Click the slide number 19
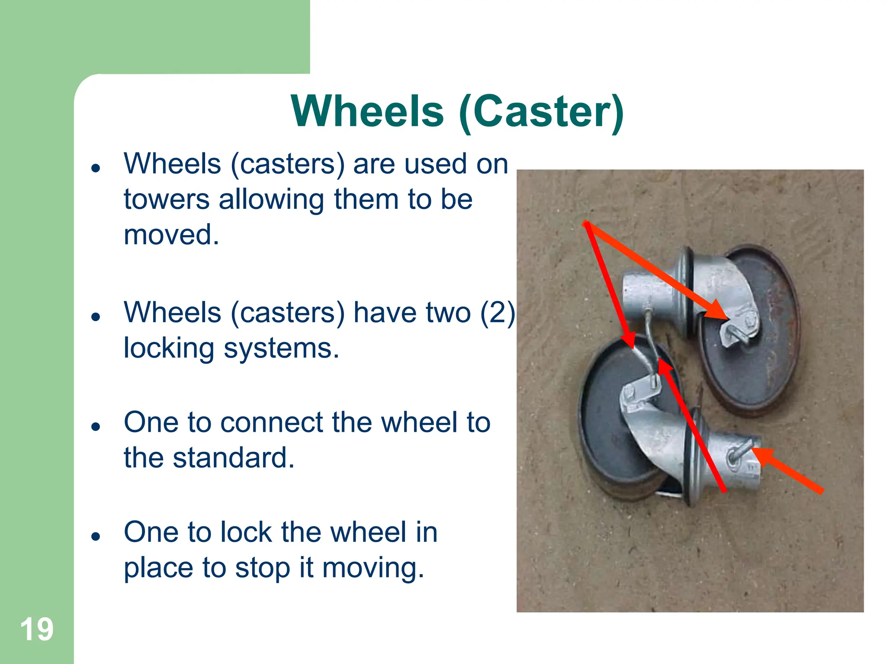pos(37,629)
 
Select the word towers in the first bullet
pos(167,200)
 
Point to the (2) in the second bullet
pos(498,312)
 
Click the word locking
pos(169,348)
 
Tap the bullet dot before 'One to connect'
pos(96,427)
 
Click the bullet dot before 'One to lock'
pos(96,536)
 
